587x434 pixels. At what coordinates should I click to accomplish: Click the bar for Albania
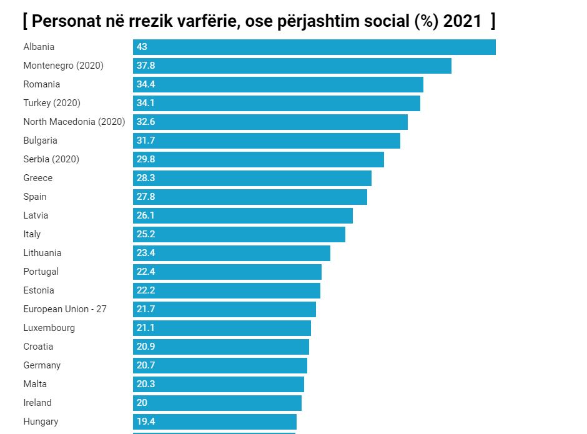(x=314, y=47)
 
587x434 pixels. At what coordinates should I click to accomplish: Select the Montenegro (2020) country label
(x=63, y=66)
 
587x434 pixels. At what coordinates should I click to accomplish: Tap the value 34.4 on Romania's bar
(x=146, y=84)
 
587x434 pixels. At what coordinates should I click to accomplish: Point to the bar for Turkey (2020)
(x=276, y=103)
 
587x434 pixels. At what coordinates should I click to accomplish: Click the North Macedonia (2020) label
(x=74, y=122)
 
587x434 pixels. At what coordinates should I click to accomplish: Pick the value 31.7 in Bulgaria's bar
(x=146, y=141)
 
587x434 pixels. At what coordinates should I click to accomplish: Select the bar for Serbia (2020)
(x=258, y=159)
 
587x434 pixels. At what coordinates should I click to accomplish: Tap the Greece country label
(x=38, y=178)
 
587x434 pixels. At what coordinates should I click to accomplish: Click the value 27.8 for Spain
(x=146, y=197)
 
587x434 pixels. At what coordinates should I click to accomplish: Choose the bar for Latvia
(x=242, y=215)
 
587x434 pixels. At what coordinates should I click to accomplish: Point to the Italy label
(x=32, y=234)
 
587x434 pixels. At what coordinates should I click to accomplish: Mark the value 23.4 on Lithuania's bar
(x=146, y=253)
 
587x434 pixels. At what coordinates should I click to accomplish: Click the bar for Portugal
(x=227, y=272)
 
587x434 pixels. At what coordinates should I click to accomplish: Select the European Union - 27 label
(x=65, y=309)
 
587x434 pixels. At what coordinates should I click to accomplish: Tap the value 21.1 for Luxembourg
(x=146, y=328)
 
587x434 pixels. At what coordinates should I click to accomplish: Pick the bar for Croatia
(x=220, y=347)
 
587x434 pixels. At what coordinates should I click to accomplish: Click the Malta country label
(x=35, y=384)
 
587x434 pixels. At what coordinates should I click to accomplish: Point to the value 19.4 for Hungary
(x=146, y=422)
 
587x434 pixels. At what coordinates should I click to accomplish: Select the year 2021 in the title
(x=462, y=21)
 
